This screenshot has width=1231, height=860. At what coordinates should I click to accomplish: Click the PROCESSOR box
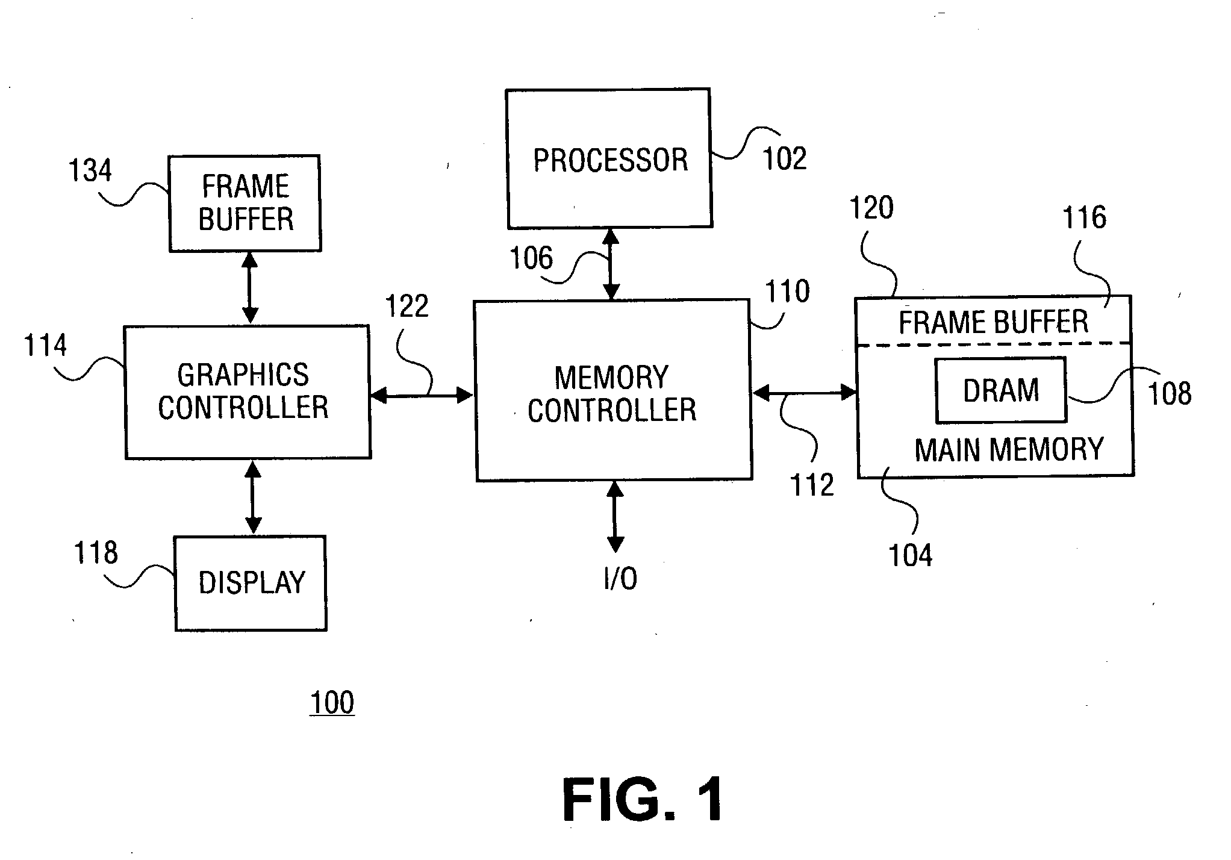pyautogui.click(x=609, y=159)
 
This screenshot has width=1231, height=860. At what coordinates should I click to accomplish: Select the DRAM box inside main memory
pyautogui.click(x=1000, y=390)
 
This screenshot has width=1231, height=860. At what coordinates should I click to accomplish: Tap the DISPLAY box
pyautogui.click(x=251, y=583)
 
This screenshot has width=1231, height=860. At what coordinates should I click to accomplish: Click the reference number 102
pyautogui.click(x=784, y=159)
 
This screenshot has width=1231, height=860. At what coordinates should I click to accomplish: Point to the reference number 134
pyautogui.click(x=90, y=170)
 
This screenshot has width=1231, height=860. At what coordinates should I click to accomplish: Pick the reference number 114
pyautogui.click(x=46, y=346)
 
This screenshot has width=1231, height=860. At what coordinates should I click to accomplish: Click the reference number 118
pyautogui.click(x=96, y=553)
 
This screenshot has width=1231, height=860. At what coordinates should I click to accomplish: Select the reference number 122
pyautogui.click(x=407, y=306)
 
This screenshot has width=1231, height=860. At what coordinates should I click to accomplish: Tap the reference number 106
pyautogui.click(x=531, y=258)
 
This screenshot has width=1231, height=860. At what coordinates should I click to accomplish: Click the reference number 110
pyautogui.click(x=787, y=291)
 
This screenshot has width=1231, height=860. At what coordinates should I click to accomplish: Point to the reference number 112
pyautogui.click(x=812, y=485)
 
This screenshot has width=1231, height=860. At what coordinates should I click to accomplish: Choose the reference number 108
pyautogui.click(x=1170, y=393)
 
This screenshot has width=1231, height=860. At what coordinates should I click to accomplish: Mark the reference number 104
pyautogui.click(x=910, y=555)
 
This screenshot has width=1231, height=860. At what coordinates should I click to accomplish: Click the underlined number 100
pyautogui.click(x=332, y=703)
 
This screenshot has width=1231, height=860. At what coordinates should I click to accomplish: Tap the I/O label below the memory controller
pyautogui.click(x=620, y=579)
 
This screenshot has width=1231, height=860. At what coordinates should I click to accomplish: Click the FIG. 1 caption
pyautogui.click(x=643, y=800)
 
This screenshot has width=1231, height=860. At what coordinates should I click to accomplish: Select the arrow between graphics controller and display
pyautogui.click(x=253, y=497)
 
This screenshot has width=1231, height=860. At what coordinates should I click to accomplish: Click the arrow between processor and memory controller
pyautogui.click(x=611, y=264)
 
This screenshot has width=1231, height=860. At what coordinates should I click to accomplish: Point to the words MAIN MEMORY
pyautogui.click(x=1009, y=450)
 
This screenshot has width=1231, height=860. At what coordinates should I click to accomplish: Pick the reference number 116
pyautogui.click(x=1084, y=217)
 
